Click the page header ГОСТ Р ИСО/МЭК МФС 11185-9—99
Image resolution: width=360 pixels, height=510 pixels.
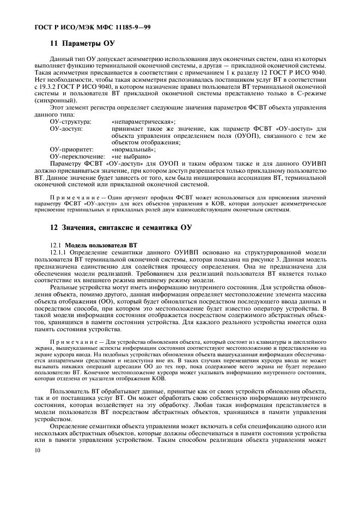pos(82,27)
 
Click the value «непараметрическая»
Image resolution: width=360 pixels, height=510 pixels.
pos(143,122)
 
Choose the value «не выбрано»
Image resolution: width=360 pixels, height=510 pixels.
pos(131,156)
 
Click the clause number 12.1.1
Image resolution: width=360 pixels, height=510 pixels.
pos(59,252)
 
